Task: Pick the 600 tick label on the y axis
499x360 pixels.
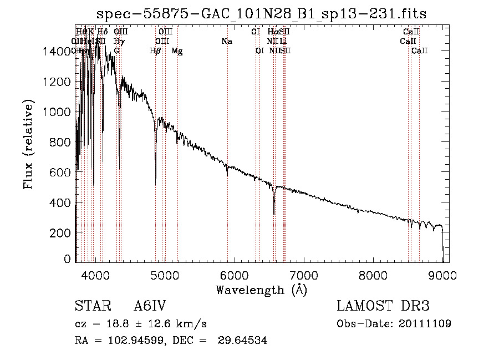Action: (62, 173)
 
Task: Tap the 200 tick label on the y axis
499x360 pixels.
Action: (62, 234)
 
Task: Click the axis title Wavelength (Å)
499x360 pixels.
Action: (262, 290)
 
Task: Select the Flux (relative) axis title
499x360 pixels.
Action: (28, 144)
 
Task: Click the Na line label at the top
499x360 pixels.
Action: (226, 42)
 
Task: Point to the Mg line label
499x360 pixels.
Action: (177, 51)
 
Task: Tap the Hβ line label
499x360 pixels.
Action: (155, 51)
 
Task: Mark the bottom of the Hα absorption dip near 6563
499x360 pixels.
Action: (274, 214)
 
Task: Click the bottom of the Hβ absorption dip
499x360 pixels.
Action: (155, 185)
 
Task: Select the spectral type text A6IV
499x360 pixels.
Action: (150, 307)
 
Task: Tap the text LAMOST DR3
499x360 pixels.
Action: (383, 307)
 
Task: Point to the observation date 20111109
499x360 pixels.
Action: (425, 324)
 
